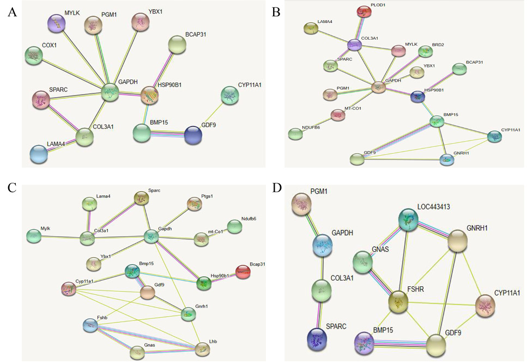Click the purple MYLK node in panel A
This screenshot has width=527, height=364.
pyautogui.click(x=57, y=23)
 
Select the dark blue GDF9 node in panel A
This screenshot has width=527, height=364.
pyautogui.click(x=193, y=135)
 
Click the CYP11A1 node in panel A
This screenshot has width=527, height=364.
pyautogui.click(x=230, y=95)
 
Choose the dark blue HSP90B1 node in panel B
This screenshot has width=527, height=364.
pyautogui.click(x=418, y=97)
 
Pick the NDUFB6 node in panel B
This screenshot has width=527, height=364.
pyautogui.click(x=295, y=134)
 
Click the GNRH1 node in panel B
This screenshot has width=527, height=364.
pyautogui.click(x=447, y=159)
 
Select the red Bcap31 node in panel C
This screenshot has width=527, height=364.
pyautogui.click(x=243, y=272)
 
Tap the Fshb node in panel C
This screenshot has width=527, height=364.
pyautogui.click(x=90, y=325)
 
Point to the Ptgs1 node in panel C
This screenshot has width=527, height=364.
pyautogui.click(x=194, y=204)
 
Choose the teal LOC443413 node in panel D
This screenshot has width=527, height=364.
pyautogui.click(x=408, y=220)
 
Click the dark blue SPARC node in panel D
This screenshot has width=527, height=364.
pyautogui.click(x=317, y=338)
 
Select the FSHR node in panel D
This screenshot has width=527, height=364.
pyautogui.click(x=398, y=301)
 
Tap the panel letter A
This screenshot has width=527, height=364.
pyautogui.click(x=12, y=13)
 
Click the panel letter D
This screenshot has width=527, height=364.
pyautogui.click(x=277, y=188)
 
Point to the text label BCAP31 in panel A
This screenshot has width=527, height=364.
pyautogui.click(x=195, y=34)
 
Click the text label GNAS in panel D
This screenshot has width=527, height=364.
pyautogui.click(x=380, y=249)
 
